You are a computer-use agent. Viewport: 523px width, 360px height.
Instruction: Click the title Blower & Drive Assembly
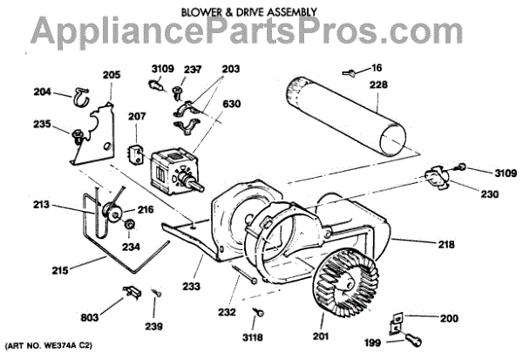point(261,12)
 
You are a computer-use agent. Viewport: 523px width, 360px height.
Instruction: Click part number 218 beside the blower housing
point(446,244)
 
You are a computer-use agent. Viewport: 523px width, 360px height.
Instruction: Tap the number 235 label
point(44,125)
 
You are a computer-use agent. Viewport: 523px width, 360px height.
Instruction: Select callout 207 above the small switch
point(138,116)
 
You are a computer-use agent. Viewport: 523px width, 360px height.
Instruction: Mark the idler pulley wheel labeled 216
point(111,212)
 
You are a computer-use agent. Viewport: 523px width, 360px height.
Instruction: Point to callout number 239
point(155,327)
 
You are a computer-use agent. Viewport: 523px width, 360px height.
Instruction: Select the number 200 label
point(449,318)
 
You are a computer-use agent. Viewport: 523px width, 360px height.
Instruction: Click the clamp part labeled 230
point(435,180)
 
